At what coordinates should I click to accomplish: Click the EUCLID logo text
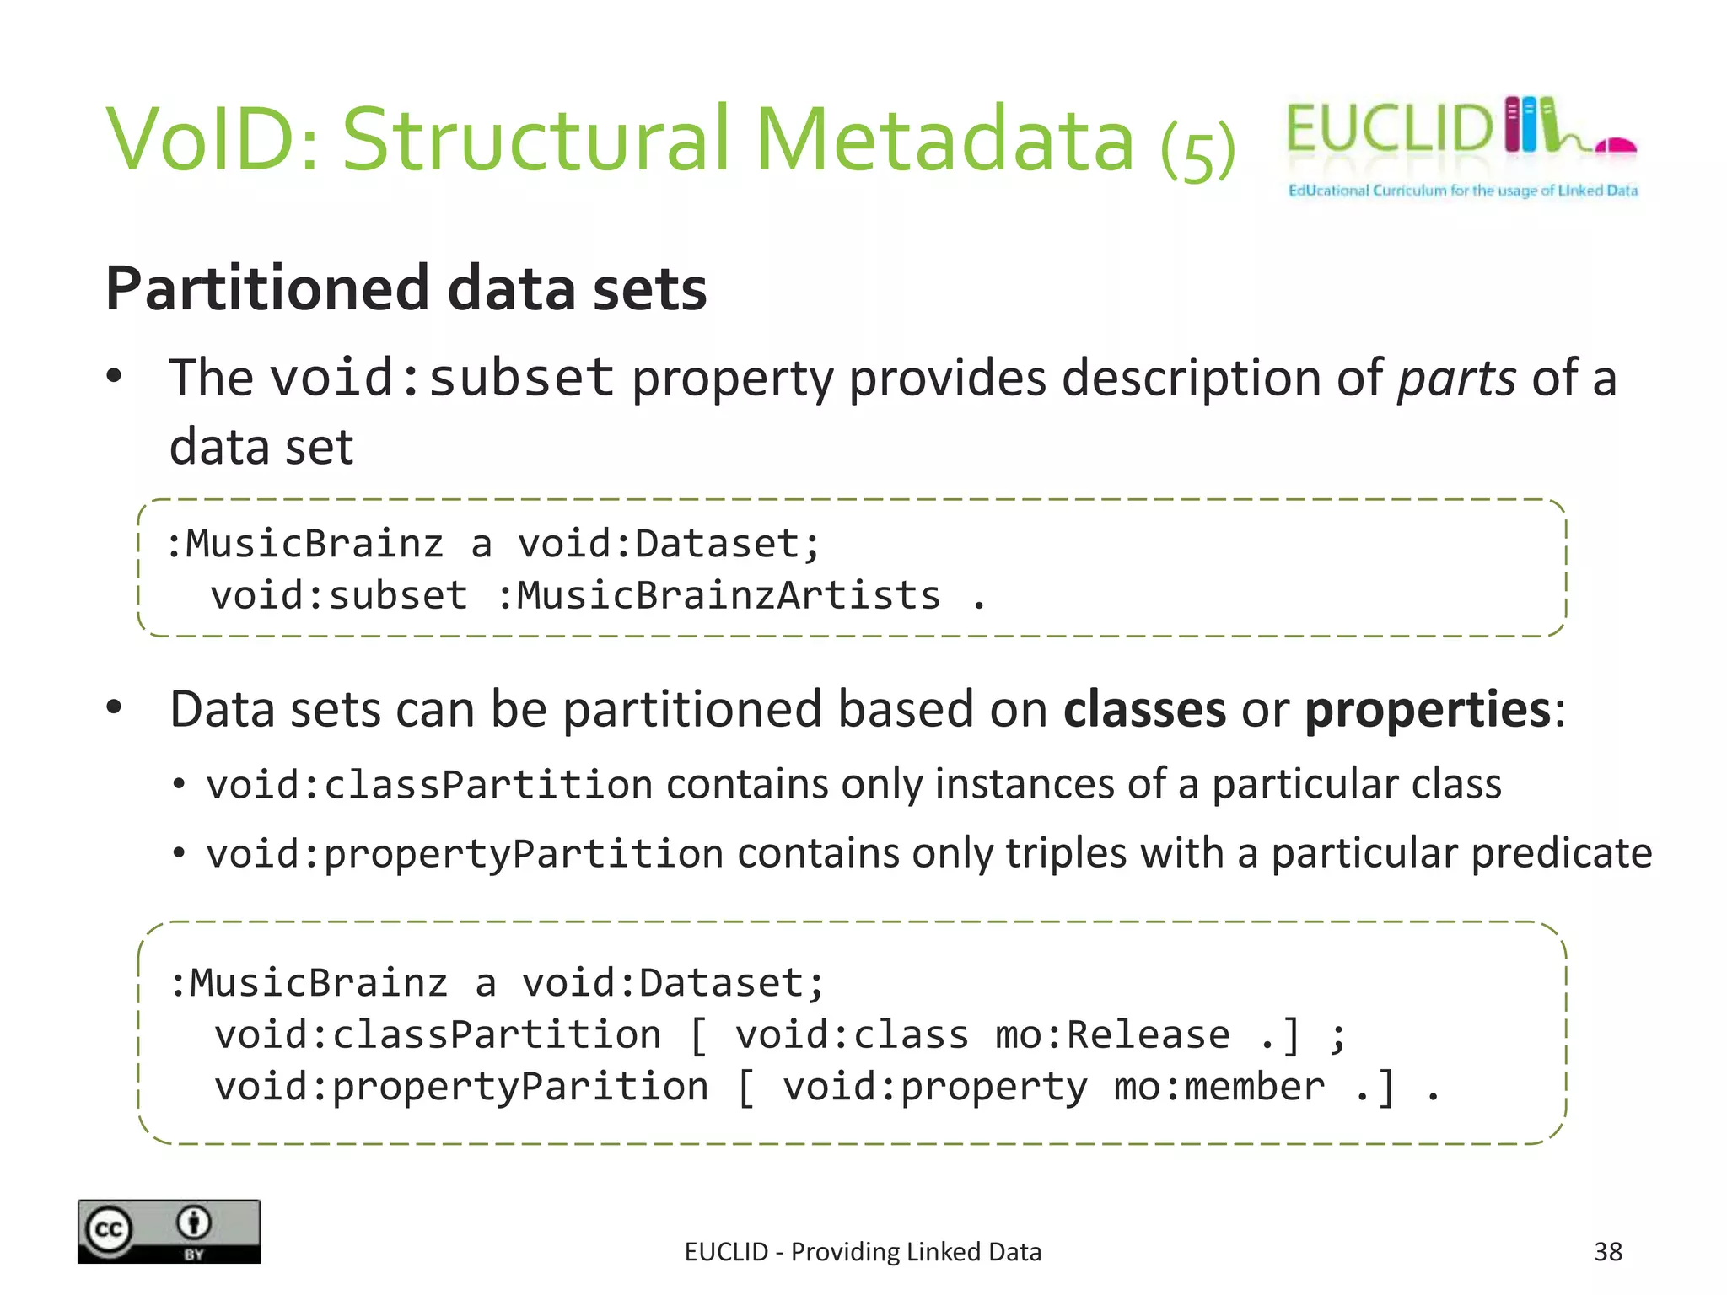click(1390, 128)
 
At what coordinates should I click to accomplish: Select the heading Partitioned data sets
click(406, 288)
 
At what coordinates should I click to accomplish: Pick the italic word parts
click(1456, 378)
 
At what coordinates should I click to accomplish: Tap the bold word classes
click(1143, 709)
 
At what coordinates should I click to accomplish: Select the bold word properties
click(1427, 709)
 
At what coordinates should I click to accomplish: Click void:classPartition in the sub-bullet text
click(429, 785)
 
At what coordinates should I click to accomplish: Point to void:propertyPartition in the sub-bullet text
click(465, 854)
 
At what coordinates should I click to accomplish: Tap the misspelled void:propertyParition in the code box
click(461, 1087)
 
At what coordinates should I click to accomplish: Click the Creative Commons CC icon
click(109, 1229)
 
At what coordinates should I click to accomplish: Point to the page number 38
click(1607, 1251)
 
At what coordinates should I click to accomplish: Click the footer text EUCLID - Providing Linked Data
click(863, 1252)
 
